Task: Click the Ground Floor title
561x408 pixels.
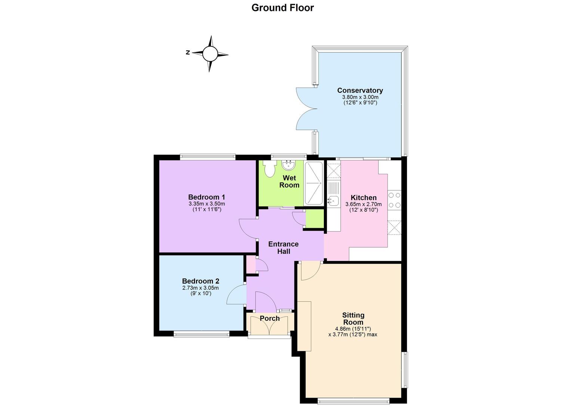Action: [282, 8]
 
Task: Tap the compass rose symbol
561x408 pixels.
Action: [209, 54]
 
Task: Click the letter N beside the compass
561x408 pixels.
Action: [188, 53]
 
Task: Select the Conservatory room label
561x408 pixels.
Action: [360, 90]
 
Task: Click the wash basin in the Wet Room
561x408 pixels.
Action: [289, 165]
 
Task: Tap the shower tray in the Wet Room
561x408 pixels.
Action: [313, 183]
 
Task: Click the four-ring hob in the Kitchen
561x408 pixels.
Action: [395, 200]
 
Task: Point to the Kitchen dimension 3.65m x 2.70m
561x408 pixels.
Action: [364, 204]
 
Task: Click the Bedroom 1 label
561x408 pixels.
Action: [206, 197]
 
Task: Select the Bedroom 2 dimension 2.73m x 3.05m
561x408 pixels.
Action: [200, 288]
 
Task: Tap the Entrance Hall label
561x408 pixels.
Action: [283, 248]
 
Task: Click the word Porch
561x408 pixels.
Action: [270, 318]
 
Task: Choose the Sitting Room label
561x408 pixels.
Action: [353, 319]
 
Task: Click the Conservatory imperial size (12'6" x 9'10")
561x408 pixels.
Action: [360, 102]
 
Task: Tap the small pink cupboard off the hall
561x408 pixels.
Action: [251, 264]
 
